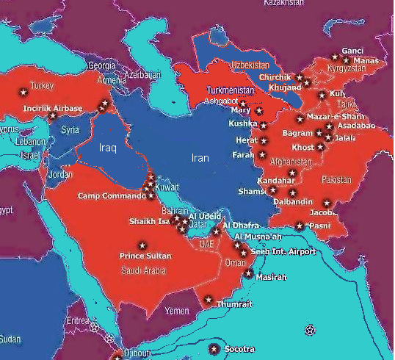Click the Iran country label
(200, 158)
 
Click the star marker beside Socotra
(214, 348)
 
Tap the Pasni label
(319, 226)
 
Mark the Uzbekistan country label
(251, 65)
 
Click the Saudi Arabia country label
(143, 270)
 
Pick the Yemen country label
(177, 311)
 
